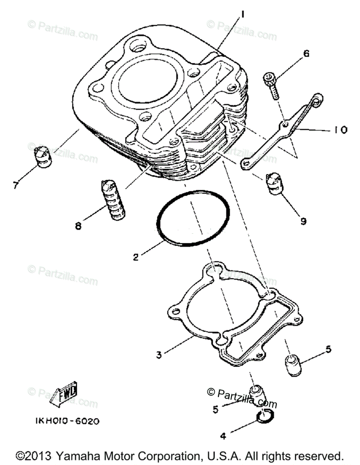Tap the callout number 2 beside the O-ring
[136, 257]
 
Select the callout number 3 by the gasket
[159, 354]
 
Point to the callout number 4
[222, 436]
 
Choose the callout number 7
[16, 185]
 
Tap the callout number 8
[78, 226]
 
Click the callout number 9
[303, 221]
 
